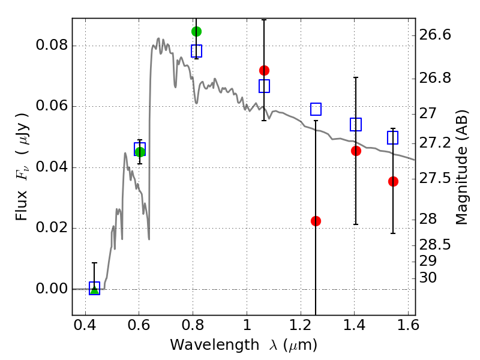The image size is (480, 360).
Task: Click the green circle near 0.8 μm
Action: [196, 31]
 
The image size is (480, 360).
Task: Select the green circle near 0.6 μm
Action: [140, 152]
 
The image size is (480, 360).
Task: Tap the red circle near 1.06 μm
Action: [264, 70]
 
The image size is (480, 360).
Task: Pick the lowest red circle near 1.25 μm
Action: [316, 221]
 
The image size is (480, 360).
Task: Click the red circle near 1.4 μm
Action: [356, 151]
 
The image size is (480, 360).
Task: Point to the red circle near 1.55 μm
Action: [393, 182]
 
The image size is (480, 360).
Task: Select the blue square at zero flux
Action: [94, 288]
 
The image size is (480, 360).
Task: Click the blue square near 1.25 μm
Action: [316, 109]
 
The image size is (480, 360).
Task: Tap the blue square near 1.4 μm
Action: [356, 124]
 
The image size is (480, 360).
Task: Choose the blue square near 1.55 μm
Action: [393, 137]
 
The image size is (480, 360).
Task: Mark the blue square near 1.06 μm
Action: [264, 86]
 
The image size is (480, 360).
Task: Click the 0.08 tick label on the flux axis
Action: [52, 45]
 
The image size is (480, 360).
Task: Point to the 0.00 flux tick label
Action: [52, 289]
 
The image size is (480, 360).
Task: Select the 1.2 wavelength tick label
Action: [301, 325]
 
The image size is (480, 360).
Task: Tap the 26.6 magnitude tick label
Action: [435, 35]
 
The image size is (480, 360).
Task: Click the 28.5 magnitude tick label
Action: [435, 245]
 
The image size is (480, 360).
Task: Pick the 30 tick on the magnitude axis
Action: [428, 278]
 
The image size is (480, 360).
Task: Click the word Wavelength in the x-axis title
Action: [215, 345]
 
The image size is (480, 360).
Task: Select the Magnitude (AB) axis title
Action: [462, 167]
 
